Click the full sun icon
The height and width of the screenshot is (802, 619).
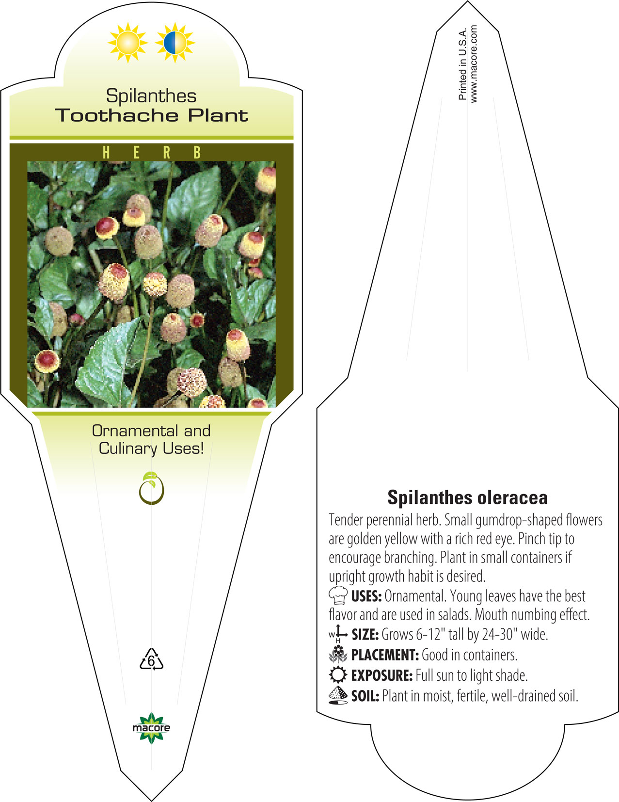tap(127, 43)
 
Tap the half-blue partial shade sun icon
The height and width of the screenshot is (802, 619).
tap(175, 43)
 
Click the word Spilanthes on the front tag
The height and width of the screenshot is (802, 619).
tap(151, 96)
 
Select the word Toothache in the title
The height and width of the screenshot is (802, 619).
tap(117, 115)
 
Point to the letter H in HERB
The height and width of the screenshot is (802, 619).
tap(106, 152)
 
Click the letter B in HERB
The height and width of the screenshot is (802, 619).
tap(197, 152)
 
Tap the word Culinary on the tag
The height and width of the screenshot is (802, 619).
tap(128, 449)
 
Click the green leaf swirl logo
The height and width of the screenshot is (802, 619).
tap(151, 488)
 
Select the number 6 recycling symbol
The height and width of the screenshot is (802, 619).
tap(151, 659)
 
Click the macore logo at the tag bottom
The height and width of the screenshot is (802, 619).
tap(151, 728)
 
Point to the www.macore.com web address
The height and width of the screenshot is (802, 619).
tap(474, 64)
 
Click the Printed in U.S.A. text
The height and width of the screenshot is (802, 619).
tap(462, 64)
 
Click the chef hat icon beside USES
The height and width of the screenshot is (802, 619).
tap(338, 594)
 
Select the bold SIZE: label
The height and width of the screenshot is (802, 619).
tap(365, 634)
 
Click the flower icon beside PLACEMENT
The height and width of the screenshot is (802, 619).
tap(338, 654)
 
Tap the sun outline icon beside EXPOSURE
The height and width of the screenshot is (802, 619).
tap(338, 674)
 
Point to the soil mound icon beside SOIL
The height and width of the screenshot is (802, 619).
tap(338, 695)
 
